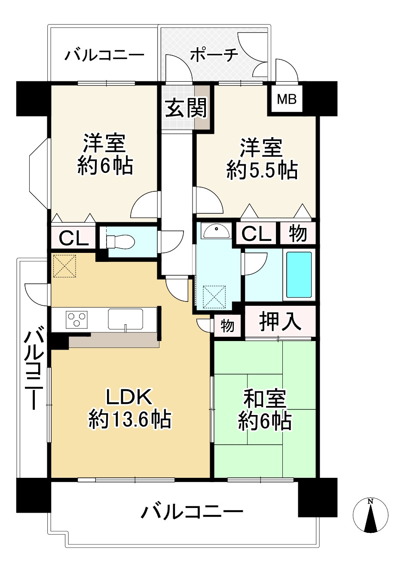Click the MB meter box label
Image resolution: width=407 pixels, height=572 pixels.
pos(287,100)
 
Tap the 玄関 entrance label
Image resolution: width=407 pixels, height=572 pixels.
pos(187,108)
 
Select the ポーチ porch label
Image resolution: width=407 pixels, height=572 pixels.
pos(214,55)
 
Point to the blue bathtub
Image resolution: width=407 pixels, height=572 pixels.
pos(299,275)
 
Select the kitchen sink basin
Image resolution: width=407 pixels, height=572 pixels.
pos(125,319)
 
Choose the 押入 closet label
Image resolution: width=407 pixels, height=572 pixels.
pos(280,321)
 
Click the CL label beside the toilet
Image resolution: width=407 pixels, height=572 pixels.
pos(73,238)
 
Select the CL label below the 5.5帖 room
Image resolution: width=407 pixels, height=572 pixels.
pos(257,234)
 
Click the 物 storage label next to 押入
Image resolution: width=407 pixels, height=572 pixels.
pos(227,326)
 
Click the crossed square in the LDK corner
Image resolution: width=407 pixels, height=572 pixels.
pos(65,266)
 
